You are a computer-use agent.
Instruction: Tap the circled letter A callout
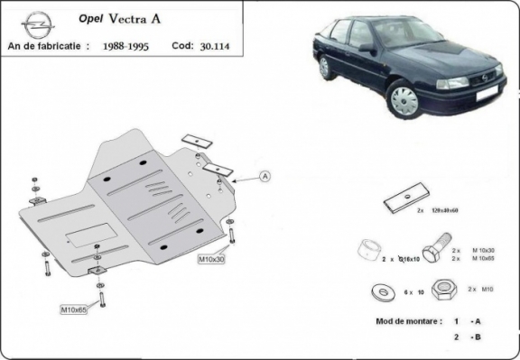265,177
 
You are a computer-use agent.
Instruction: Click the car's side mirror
367,47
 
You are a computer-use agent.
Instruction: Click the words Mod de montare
407,321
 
